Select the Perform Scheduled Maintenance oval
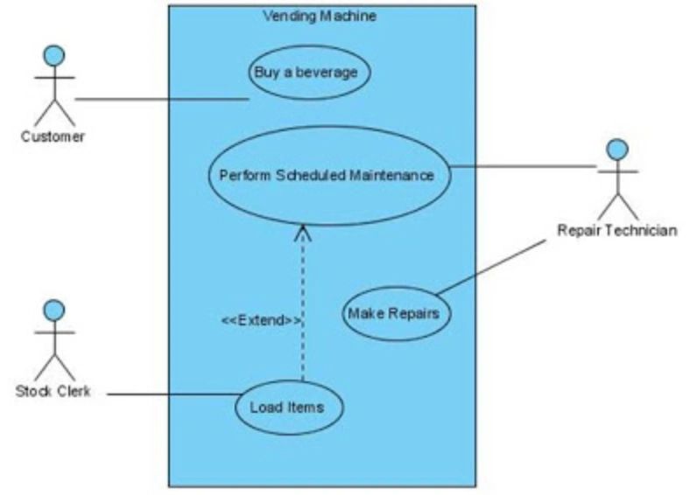pyautogui.click(x=327, y=175)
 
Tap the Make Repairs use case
pyautogui.click(x=395, y=312)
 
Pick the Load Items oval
pyautogui.click(x=288, y=407)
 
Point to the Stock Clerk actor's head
pyautogui.click(x=54, y=310)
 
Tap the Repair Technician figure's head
pyautogui.click(x=617, y=150)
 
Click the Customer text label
pyautogui.click(x=53, y=136)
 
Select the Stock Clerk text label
pyautogui.click(x=53, y=390)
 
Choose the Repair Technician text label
pyautogui.click(x=616, y=231)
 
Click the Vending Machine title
pyautogui.click(x=320, y=17)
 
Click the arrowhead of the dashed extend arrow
pyautogui.click(x=303, y=232)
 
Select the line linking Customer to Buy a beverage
pyautogui.click(x=162, y=100)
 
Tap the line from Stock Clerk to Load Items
pyautogui.click(x=171, y=394)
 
